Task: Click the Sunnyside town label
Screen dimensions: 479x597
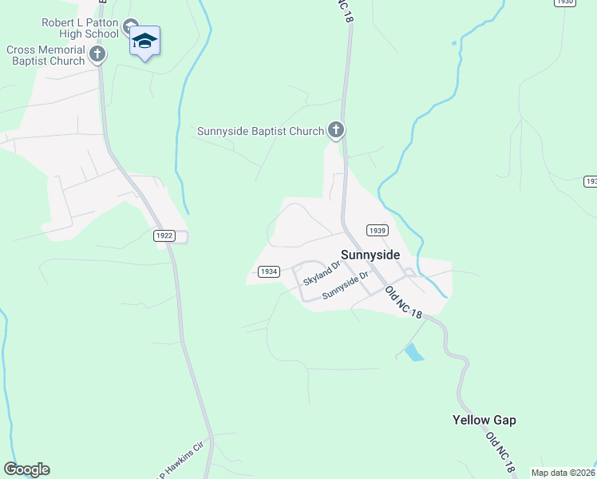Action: click(x=370, y=255)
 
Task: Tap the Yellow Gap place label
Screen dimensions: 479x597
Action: click(x=484, y=420)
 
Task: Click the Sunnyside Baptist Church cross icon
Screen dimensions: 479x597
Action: click(x=336, y=130)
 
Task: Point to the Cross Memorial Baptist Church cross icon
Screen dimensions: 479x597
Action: click(x=97, y=54)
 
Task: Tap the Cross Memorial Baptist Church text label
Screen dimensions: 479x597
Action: click(x=45, y=55)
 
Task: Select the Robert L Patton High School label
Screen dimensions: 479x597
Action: click(x=80, y=29)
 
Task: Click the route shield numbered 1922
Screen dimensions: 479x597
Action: click(x=163, y=236)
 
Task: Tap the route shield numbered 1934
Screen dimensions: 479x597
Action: click(x=269, y=271)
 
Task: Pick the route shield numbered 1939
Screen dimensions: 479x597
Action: click(x=378, y=230)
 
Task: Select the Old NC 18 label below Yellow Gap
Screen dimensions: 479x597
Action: click(x=500, y=452)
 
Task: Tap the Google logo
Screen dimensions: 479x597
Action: click(x=26, y=469)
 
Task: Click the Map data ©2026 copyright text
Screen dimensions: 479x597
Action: click(x=563, y=473)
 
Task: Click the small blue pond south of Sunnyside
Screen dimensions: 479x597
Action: click(x=413, y=352)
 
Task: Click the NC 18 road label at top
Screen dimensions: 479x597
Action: click(x=344, y=12)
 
